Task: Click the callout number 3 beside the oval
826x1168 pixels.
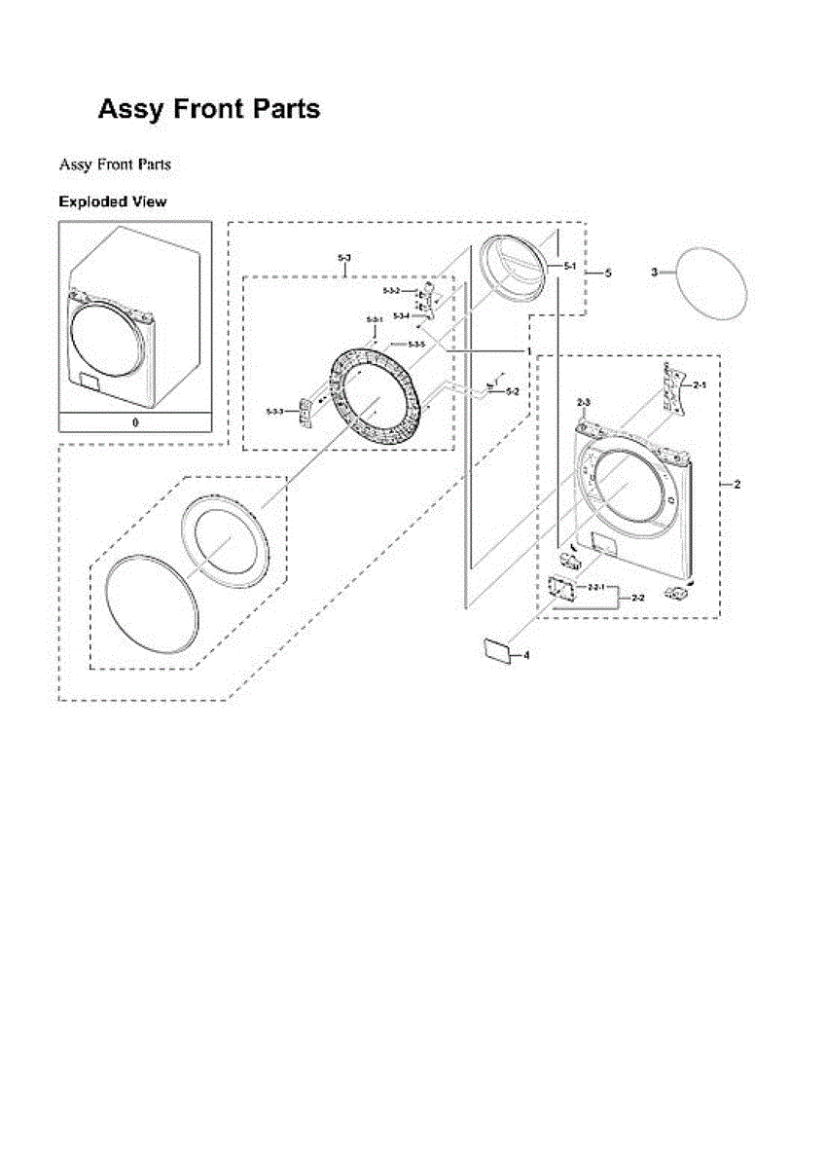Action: [x=655, y=272]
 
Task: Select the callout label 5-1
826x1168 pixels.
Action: [x=571, y=265]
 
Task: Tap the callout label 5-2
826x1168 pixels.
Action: [x=513, y=391]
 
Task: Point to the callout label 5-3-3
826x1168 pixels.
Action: [x=275, y=413]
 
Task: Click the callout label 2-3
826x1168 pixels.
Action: [x=584, y=402]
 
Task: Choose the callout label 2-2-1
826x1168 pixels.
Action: [x=596, y=588]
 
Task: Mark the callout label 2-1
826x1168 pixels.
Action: [x=700, y=386]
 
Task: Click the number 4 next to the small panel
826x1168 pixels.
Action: [x=526, y=656]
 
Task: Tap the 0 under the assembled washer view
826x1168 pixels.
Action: [x=135, y=422]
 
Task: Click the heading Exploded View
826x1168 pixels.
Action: [x=112, y=201]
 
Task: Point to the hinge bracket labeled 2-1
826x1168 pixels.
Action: [x=671, y=385]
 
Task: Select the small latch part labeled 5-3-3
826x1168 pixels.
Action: [x=305, y=412]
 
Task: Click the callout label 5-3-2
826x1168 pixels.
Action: [x=391, y=291]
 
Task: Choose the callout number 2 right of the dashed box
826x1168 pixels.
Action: [x=736, y=484]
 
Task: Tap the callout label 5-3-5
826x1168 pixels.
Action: [x=416, y=345]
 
